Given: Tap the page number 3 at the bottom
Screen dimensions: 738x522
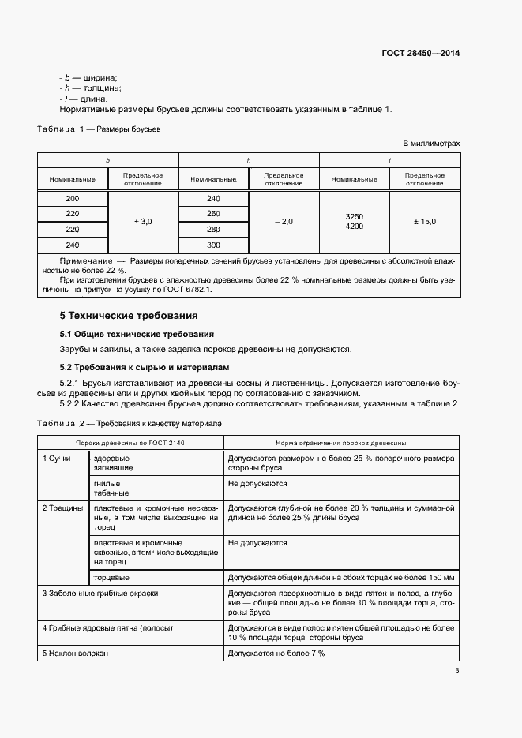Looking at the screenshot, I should coord(456,672).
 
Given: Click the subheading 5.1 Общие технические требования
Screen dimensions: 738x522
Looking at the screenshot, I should coord(137,334).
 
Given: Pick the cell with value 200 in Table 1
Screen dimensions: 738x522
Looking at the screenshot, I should coord(73,199).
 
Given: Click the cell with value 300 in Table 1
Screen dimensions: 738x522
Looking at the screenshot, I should coord(213,245).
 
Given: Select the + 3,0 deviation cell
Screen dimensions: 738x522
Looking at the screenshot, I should coord(143,223).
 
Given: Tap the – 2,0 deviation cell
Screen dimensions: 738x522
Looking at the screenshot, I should coord(284,223).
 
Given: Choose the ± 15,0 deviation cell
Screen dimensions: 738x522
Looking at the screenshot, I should coord(424,223).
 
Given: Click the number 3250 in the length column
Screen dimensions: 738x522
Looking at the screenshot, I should coord(355,216).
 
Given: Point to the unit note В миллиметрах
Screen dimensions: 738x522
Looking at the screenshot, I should coord(431,144).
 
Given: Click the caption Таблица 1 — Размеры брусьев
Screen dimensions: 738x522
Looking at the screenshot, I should coord(100,129).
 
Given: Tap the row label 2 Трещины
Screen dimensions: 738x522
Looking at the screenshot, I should coord(62,508).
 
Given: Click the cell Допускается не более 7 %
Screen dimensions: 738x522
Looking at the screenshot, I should coord(276,654).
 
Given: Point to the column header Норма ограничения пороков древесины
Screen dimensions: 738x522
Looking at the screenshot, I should coord(341,444).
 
